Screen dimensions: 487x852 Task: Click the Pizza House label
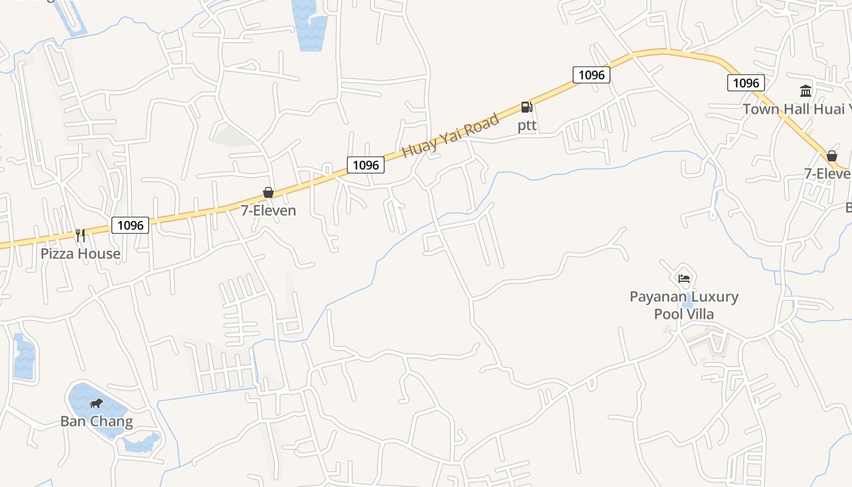click(x=80, y=253)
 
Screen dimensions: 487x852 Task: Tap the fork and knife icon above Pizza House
click(x=80, y=235)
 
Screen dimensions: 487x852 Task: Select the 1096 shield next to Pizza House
click(x=130, y=225)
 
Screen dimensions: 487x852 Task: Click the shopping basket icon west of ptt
click(x=268, y=193)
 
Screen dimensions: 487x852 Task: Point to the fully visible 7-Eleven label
click(x=268, y=211)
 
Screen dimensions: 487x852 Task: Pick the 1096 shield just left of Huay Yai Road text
click(x=366, y=165)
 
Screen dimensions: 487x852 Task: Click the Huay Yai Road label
click(x=451, y=135)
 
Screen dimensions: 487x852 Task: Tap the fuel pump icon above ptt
click(x=526, y=108)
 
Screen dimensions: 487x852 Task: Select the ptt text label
click(x=527, y=125)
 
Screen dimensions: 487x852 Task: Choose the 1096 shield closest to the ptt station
click(x=591, y=75)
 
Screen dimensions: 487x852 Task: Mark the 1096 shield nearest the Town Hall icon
click(x=746, y=83)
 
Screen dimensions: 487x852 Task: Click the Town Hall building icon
click(x=806, y=91)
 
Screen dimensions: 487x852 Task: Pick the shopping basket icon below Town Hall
click(x=831, y=156)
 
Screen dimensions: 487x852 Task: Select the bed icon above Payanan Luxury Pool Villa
click(x=684, y=279)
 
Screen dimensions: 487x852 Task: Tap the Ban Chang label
click(x=96, y=421)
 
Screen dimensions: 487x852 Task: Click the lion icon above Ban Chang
click(x=96, y=403)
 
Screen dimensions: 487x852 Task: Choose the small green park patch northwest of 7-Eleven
click(x=231, y=135)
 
